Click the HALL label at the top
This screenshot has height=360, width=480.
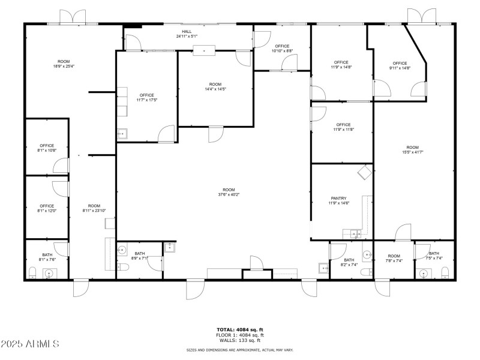187,34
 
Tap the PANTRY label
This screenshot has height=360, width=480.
339,201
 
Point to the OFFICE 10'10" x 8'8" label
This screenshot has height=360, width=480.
282,49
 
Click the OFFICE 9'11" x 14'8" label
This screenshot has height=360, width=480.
400,65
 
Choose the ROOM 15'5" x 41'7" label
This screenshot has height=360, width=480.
412,150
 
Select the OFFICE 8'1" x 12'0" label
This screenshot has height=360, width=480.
47,208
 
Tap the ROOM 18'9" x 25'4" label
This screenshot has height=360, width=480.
63,64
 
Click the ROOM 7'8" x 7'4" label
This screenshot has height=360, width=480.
394,259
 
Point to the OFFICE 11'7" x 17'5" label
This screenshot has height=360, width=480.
147,97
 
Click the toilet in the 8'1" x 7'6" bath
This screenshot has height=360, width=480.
34,274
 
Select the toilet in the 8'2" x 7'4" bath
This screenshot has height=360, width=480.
365,273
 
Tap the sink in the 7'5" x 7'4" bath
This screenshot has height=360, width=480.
425,274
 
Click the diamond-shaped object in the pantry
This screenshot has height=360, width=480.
364,173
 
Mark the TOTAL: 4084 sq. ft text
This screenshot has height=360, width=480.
240,329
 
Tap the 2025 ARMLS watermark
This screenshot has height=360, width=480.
30,344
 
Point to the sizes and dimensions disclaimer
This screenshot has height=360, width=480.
240,349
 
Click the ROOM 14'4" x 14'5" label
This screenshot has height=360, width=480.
215,86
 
